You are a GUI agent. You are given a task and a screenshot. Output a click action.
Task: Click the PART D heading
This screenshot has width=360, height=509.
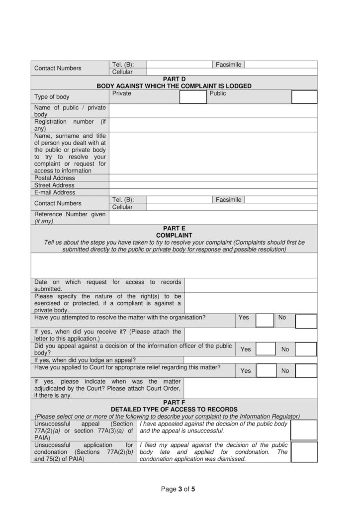[174, 79]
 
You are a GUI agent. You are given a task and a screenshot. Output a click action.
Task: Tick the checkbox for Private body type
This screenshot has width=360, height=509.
[192, 97]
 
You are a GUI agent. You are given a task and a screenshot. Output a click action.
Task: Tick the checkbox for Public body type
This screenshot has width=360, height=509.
[304, 97]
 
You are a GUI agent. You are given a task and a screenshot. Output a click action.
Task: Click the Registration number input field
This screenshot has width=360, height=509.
[213, 125]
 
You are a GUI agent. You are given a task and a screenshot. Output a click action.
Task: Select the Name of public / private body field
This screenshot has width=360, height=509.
[213, 110]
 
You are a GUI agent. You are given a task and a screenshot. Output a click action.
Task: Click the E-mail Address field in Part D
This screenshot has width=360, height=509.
[213, 192]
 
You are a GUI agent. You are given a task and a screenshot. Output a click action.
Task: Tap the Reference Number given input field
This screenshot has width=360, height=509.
[213, 218]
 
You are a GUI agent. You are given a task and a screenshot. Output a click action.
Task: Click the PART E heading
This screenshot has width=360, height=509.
[174, 228]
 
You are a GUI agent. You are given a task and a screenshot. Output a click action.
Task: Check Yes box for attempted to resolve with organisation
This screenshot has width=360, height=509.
[265, 321]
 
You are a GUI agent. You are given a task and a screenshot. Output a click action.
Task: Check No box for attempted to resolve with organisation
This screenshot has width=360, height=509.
[306, 321]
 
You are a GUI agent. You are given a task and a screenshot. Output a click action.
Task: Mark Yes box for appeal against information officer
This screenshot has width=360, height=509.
[266, 349]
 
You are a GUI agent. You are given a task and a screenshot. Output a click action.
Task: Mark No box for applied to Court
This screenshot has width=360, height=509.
[306, 370]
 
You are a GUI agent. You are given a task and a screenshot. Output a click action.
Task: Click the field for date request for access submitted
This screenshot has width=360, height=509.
[250, 285]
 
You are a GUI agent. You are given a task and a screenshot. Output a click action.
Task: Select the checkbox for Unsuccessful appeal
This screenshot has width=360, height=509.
[304, 430]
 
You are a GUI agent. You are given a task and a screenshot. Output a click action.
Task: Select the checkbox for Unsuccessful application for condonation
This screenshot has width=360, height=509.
[304, 452]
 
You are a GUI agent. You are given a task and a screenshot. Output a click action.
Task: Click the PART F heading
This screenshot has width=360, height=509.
[174, 402]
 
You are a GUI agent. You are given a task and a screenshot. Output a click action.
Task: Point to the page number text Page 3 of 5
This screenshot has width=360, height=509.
[178, 489]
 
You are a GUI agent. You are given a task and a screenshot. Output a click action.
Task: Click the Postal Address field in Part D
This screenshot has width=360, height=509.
[213, 178]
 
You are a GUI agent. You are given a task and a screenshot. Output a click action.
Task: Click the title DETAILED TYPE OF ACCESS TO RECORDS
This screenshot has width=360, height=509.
[174, 409]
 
